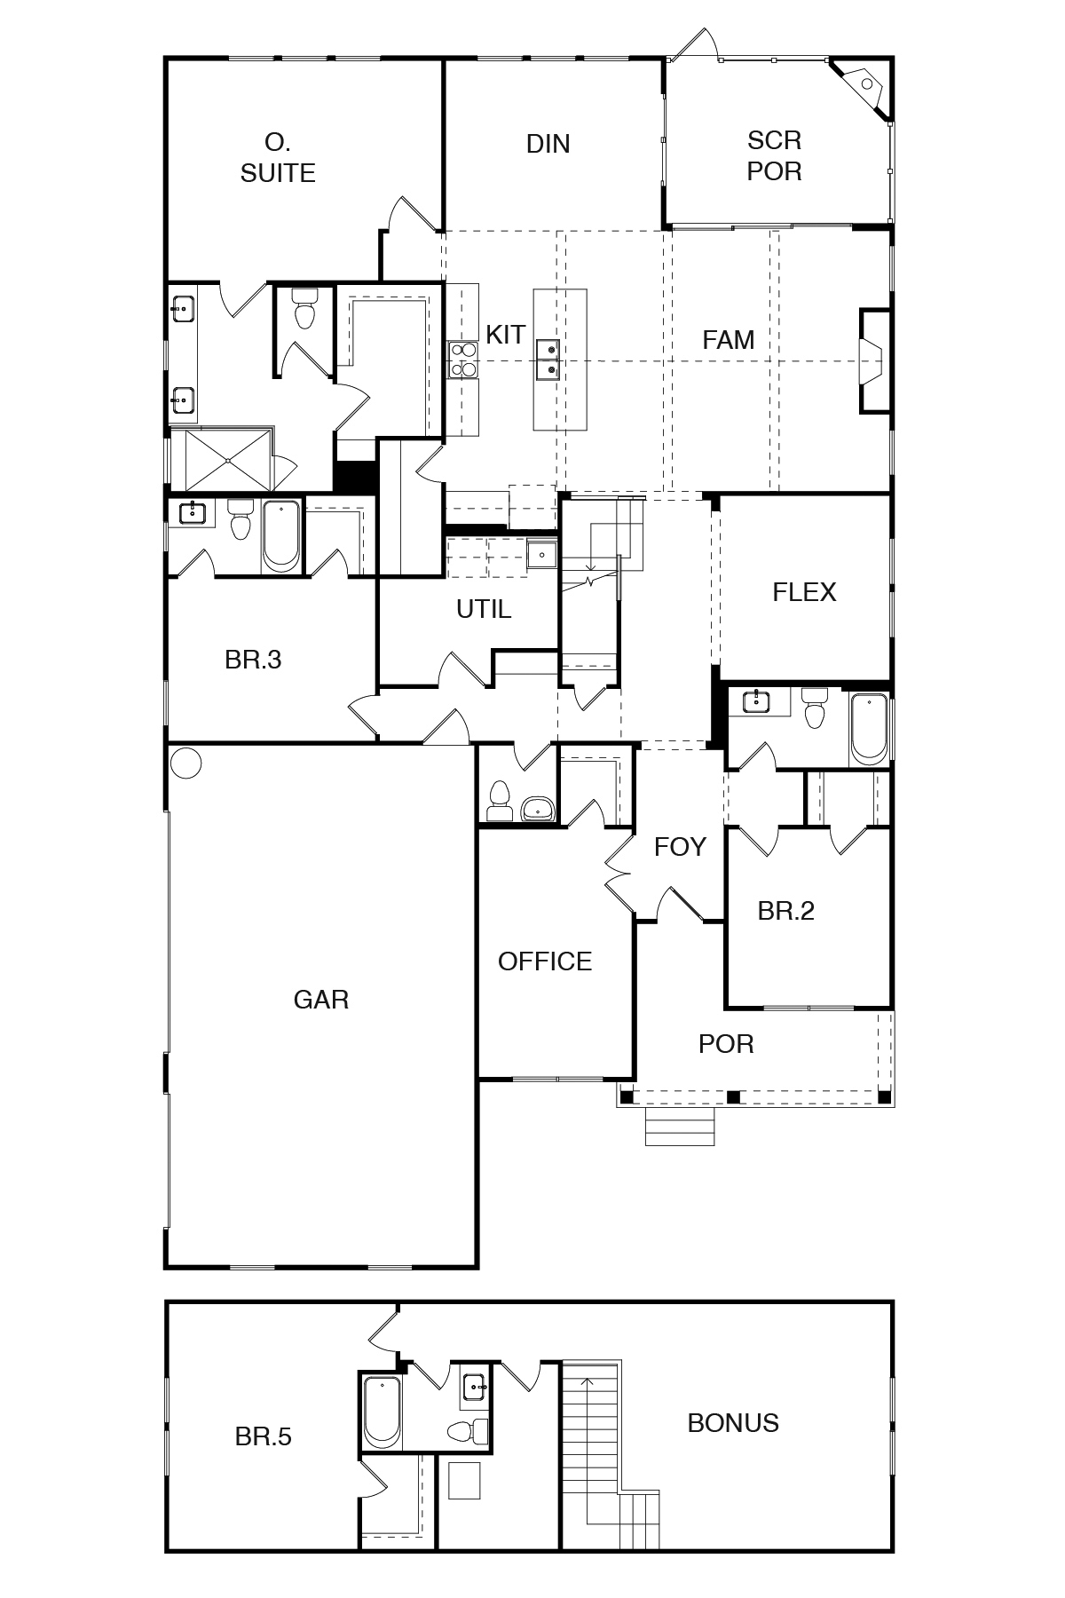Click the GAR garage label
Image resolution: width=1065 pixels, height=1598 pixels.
tap(320, 1000)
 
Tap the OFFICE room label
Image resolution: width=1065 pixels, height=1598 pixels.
tap(545, 961)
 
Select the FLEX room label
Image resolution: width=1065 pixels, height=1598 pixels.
tap(804, 592)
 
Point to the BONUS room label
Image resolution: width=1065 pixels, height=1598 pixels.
tap(733, 1423)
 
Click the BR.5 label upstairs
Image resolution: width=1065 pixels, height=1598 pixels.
tap(264, 1436)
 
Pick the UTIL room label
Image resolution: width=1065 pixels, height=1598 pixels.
tap(484, 609)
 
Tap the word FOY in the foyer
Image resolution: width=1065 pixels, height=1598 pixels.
tap(680, 847)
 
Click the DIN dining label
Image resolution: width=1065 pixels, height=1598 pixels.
tap(548, 144)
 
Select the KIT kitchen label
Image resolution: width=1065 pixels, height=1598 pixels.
tap(505, 335)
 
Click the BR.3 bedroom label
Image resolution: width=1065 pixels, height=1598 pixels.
tap(253, 660)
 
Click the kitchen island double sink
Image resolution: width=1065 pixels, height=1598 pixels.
tap(548, 360)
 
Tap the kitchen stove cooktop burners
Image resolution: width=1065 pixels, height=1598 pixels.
tap(462, 360)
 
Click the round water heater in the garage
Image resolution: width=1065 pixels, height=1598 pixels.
tap(185, 763)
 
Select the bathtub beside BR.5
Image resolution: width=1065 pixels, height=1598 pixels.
tap(382, 1411)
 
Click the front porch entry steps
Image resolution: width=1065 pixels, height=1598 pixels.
tap(680, 1127)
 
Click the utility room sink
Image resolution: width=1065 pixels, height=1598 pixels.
tap(540, 555)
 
